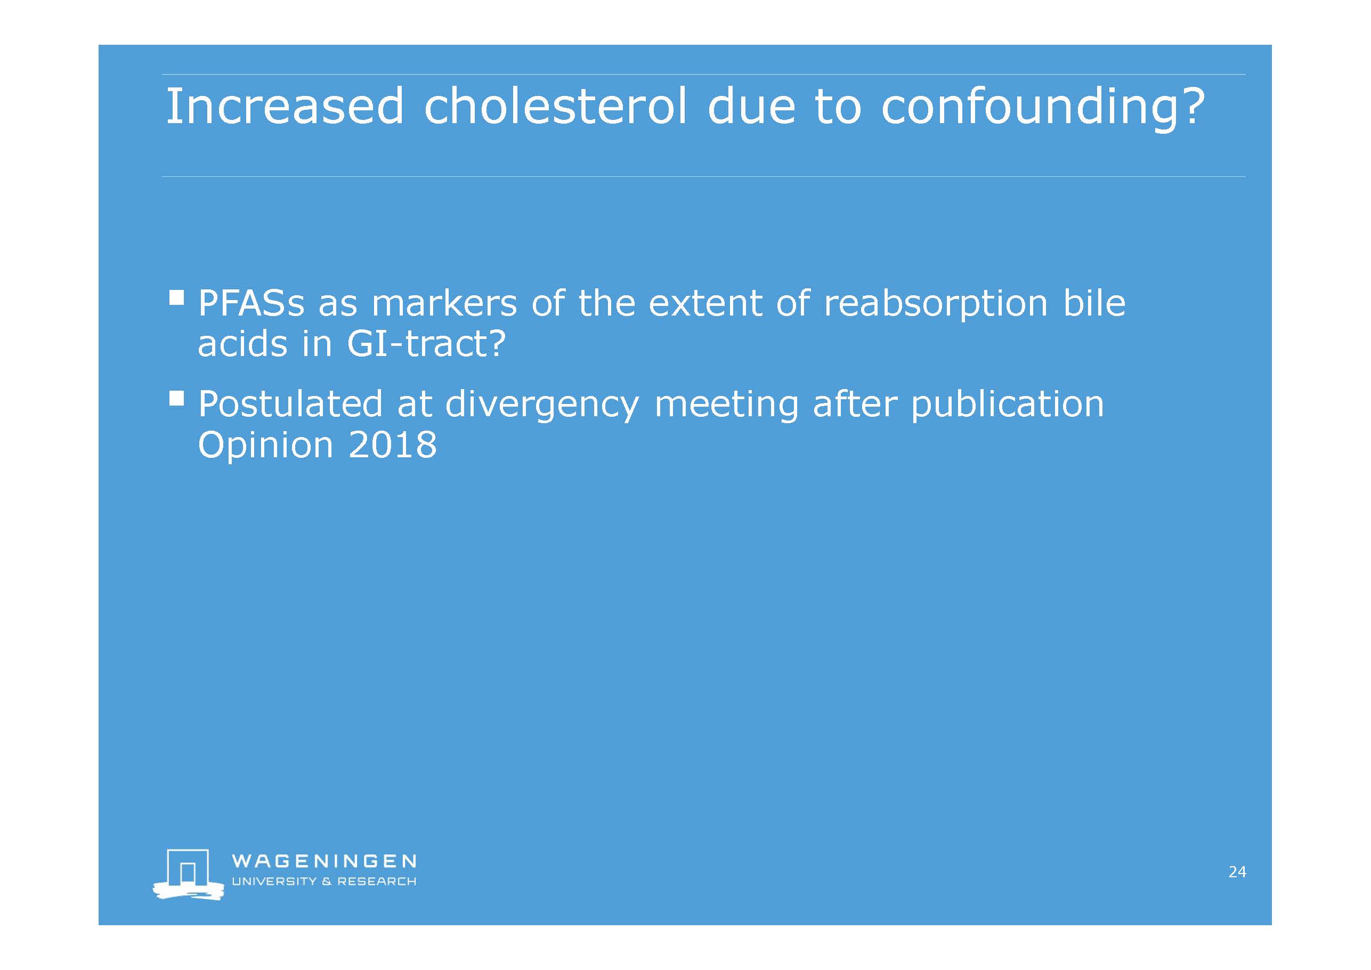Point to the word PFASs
pyautogui.click(x=252, y=303)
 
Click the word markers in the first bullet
pyautogui.click(x=444, y=303)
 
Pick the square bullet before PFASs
pyautogui.click(x=177, y=297)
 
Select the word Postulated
pyautogui.click(x=290, y=404)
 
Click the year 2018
pyautogui.click(x=392, y=445)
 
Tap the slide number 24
pyautogui.click(x=1237, y=872)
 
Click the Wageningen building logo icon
pyautogui.click(x=188, y=874)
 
